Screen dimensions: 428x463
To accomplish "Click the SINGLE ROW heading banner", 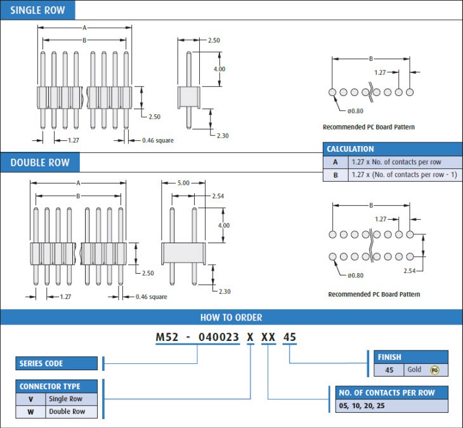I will point(37,10).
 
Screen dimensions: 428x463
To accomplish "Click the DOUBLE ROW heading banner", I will point(39,163).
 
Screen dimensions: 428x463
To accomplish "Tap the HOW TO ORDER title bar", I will point(231,318).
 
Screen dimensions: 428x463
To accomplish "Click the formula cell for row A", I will point(396,162).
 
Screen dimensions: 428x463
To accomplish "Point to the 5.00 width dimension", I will point(183,183).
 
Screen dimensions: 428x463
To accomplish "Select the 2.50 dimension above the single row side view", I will point(214,41).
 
